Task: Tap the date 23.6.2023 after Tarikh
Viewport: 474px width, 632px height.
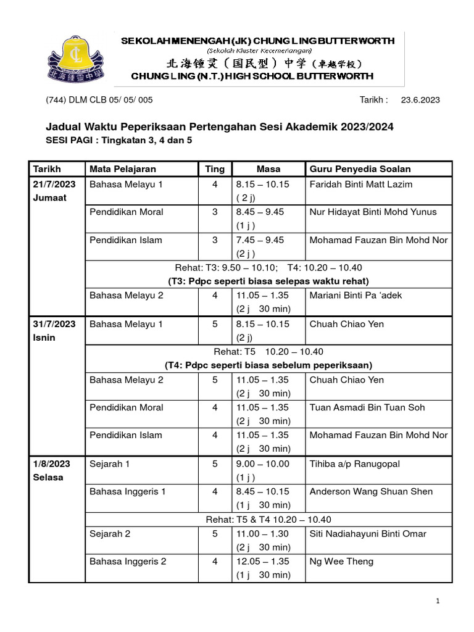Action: (420, 100)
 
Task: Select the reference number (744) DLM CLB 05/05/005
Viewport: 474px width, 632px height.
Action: (99, 100)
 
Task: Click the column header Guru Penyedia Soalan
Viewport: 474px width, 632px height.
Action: (360, 169)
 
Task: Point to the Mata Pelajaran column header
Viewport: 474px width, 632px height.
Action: (123, 169)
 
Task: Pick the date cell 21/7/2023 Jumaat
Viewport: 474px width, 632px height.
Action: (55, 191)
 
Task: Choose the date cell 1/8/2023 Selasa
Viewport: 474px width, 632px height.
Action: (52, 470)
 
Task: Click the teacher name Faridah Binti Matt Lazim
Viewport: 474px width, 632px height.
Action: (361, 185)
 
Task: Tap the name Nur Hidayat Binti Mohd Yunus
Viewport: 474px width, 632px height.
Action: (373, 212)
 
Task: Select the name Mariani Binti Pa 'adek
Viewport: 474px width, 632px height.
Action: (355, 296)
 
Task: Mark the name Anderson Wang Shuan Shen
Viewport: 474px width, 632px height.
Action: (371, 492)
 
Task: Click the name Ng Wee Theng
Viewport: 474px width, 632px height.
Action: (341, 562)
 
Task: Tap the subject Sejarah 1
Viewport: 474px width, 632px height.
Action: (109, 464)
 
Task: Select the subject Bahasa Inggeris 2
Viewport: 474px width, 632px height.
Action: (128, 562)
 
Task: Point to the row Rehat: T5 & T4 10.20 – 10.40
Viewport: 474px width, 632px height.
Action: (268, 520)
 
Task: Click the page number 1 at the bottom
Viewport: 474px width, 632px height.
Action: (438, 601)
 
